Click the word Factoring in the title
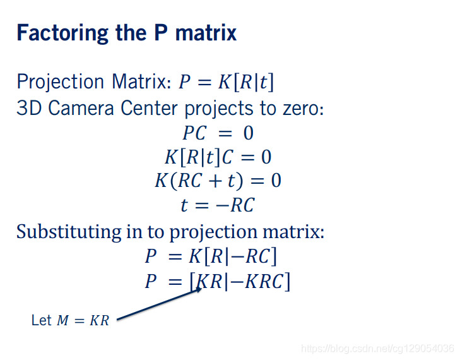[62, 33]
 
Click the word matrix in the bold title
[206, 33]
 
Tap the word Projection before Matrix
[60, 82]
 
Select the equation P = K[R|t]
[226, 82]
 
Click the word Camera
[81, 108]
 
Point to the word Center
[149, 108]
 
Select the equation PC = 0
[218, 133]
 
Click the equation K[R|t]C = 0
[218, 157]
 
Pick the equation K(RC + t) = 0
[218, 181]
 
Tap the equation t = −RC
[218, 205]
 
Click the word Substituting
[69, 232]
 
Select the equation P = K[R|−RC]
[211, 256]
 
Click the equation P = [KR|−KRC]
[218, 281]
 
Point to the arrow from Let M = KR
[159, 304]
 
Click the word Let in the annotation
[42, 320]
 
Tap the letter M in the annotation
[62, 320]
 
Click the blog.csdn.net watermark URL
[377, 349]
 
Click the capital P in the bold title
[161, 33]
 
